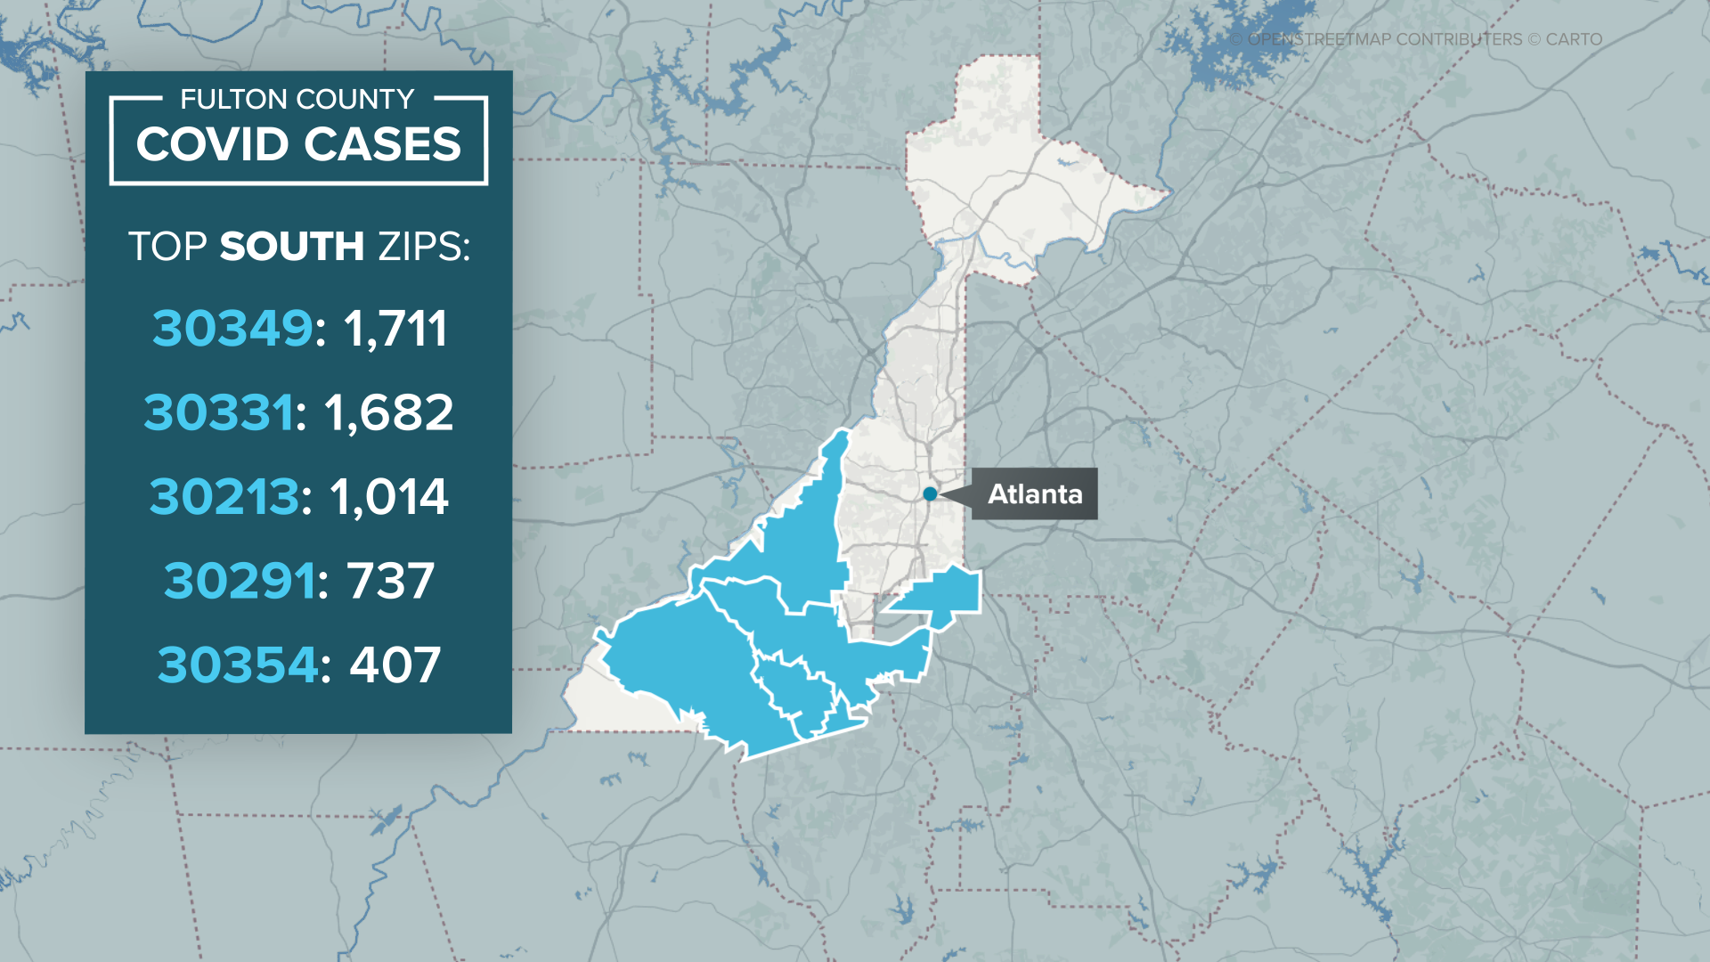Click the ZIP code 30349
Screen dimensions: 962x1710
232,328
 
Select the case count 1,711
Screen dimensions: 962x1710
395,328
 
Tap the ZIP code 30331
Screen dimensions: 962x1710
218,412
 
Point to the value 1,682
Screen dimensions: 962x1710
388,412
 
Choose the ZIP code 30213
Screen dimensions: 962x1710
224,496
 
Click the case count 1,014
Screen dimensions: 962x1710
389,496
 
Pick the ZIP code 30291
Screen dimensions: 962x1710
240,581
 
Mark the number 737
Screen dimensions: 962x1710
391,581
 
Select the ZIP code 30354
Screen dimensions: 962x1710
238,664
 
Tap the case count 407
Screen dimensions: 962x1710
395,664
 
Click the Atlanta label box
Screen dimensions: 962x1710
1034,493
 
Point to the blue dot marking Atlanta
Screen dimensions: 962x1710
930,493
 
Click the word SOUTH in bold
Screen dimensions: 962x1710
291,246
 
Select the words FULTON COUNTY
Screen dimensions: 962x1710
297,99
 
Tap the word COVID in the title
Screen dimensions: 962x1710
212,144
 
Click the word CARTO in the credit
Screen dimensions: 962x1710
1574,39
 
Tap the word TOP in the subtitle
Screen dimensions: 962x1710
167,246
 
